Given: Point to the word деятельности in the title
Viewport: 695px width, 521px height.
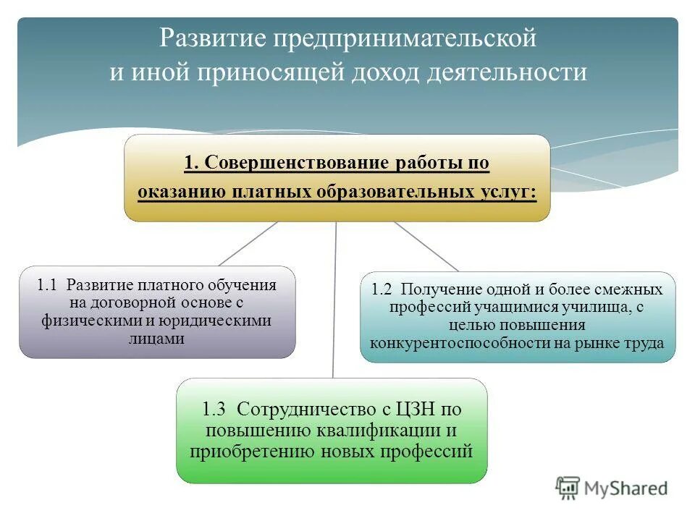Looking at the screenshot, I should click(511, 74).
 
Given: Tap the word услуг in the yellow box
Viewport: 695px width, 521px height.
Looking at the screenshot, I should click(509, 192).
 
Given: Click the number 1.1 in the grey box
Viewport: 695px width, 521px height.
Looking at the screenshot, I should click(48, 284).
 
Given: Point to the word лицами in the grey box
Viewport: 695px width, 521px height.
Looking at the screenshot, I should click(157, 338).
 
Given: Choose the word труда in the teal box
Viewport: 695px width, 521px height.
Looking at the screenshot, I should click(646, 343).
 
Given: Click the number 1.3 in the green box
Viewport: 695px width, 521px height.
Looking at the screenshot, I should click(215, 409).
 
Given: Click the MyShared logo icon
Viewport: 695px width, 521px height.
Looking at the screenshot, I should click(568, 488).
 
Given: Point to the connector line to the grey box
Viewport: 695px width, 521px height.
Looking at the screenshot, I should click(248, 243).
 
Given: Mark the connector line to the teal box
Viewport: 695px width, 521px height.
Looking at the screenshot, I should click(426, 246).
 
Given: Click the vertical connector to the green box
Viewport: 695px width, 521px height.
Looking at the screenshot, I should click(334, 304).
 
